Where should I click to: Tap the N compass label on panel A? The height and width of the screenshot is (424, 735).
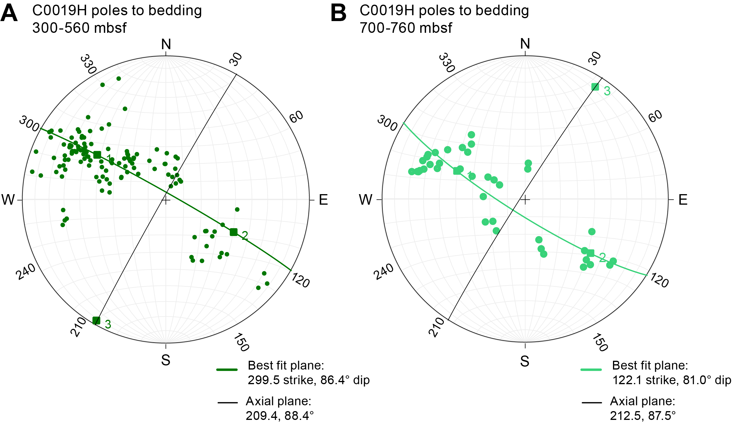point(166,45)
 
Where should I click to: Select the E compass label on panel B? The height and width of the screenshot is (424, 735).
point(683,200)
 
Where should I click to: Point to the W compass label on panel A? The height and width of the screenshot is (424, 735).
point(8,200)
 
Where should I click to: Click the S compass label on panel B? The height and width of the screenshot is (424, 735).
point(525,361)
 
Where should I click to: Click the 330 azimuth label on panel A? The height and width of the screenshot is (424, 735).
point(88,64)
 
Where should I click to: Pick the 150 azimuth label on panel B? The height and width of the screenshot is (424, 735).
point(600,342)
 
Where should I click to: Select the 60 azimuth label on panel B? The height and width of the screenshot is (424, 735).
point(655,116)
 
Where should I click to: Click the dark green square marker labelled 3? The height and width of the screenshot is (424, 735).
point(96,321)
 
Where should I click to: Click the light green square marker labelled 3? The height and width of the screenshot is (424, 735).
point(595,87)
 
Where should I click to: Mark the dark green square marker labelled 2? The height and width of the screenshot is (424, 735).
point(233,232)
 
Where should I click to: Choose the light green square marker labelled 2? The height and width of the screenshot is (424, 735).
point(591,253)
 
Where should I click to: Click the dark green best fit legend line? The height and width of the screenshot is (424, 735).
point(227,370)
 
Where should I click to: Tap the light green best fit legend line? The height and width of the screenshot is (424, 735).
point(591,370)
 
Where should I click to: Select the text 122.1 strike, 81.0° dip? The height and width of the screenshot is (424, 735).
point(672,380)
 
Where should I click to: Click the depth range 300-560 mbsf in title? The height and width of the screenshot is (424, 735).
point(79,28)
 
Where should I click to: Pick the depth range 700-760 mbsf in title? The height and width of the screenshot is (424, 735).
point(406,28)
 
